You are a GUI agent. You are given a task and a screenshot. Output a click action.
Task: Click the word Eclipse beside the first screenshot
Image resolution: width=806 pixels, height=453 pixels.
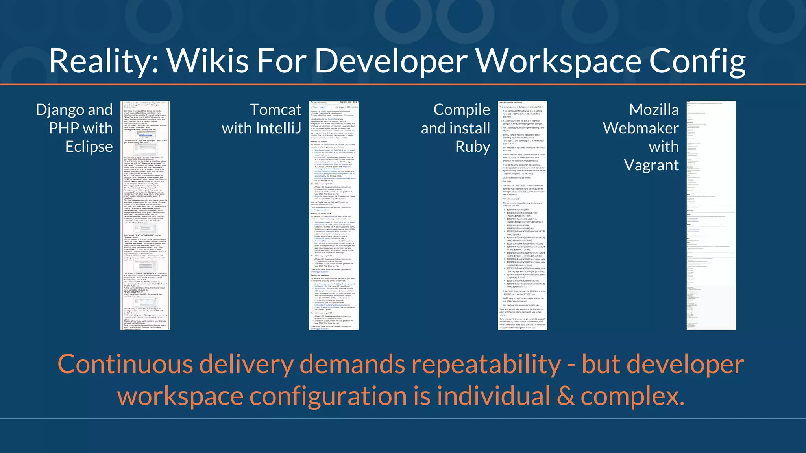89,147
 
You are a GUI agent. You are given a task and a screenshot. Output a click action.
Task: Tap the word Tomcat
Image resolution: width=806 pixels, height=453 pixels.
275,110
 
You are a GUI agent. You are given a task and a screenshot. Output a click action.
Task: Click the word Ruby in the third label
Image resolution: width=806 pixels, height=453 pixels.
473,147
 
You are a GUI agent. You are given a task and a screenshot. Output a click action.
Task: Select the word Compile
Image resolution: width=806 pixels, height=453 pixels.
462,110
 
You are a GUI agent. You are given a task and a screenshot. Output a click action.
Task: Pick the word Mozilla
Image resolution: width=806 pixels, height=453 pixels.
654,110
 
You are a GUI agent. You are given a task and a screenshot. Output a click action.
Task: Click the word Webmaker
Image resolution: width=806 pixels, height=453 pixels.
641,128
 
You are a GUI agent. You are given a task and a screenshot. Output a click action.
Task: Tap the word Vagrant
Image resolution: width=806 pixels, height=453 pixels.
651,165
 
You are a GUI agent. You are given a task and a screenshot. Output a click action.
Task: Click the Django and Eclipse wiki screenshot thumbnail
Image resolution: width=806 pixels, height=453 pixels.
145,215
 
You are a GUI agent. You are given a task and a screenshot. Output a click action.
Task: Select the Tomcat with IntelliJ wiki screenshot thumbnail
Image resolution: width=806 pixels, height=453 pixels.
334,215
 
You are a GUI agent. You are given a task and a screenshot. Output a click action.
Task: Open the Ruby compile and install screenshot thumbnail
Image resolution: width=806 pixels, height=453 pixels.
522,215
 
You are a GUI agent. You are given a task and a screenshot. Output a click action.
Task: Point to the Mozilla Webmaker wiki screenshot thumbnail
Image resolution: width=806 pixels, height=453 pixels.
711,215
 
